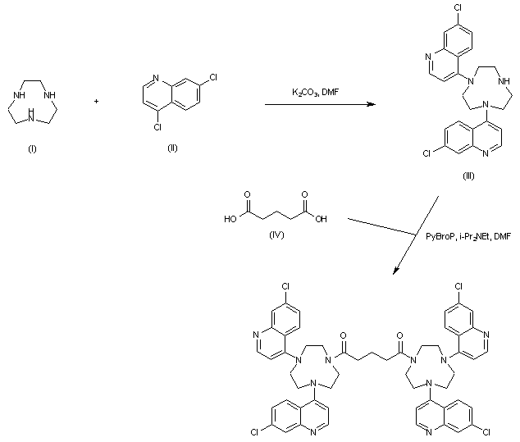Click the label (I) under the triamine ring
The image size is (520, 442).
(x=32, y=148)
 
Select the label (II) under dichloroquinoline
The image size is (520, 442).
(x=171, y=148)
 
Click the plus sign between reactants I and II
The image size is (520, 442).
(x=98, y=103)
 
